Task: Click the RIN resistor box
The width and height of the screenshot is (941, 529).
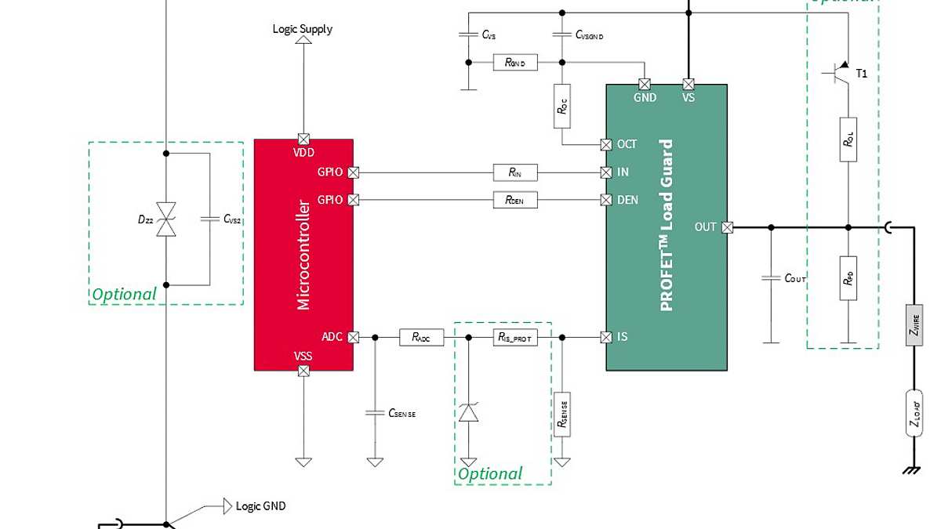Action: pos(515,172)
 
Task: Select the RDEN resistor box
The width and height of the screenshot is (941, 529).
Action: pos(515,200)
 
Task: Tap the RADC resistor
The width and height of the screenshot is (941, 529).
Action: pos(421,337)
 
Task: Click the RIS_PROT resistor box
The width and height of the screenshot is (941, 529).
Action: pos(515,337)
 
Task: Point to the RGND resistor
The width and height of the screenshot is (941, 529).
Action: pos(515,62)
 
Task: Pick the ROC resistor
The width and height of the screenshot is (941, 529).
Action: pos(562,105)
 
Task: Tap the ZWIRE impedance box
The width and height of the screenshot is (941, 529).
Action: pos(914,324)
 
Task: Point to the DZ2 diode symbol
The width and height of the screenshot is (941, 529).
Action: pos(166,219)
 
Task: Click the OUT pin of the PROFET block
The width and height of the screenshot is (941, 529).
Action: pos(728,227)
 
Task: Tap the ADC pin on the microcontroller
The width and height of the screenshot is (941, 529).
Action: pos(353,337)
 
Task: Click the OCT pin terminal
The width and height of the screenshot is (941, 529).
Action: pos(605,144)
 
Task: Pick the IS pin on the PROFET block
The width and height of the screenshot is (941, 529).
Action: pos(605,337)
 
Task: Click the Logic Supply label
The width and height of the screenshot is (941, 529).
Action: pos(303,29)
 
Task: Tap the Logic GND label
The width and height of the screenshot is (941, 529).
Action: pos(260,505)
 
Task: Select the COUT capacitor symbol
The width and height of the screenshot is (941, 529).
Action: pos(771,278)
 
